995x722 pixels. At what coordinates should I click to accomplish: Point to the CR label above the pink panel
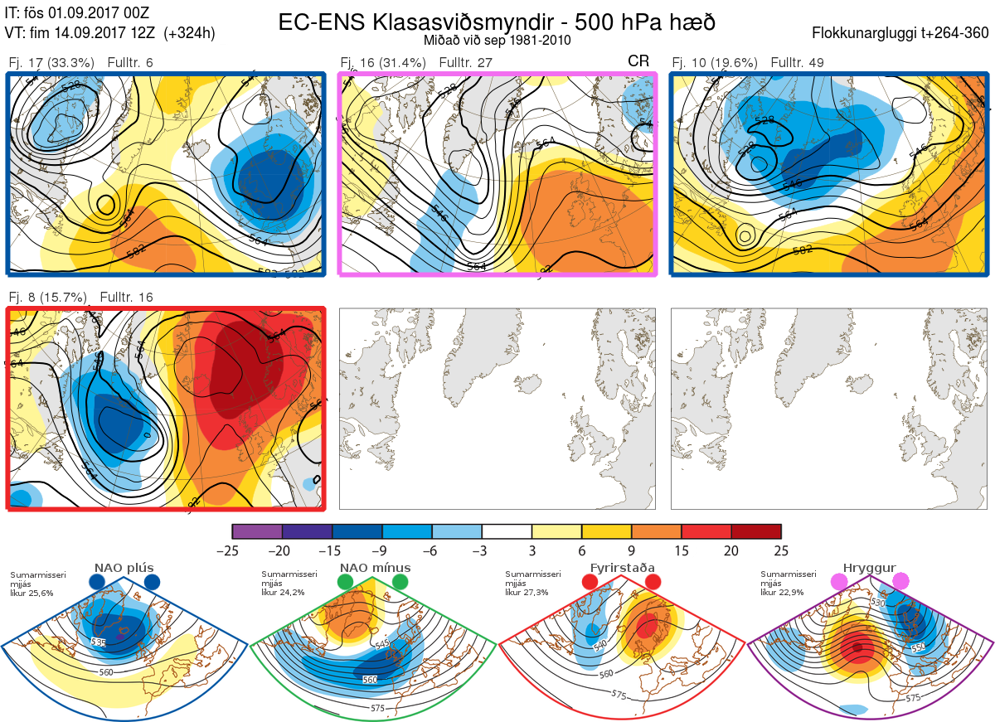638,61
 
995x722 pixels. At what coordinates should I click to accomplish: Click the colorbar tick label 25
780,550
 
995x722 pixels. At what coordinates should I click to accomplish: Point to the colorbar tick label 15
681,550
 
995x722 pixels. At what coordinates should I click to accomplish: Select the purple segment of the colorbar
257,531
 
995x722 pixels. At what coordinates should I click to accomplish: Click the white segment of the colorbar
507,531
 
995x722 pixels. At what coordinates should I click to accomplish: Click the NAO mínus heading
375,568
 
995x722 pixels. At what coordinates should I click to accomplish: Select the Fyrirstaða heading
621,568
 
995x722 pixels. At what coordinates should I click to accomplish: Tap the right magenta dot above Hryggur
900,582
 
